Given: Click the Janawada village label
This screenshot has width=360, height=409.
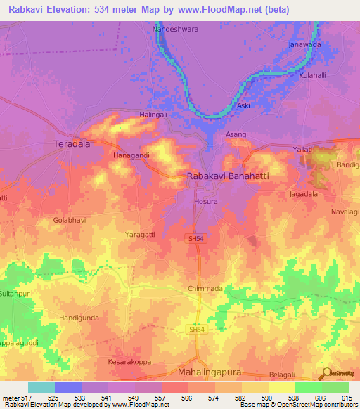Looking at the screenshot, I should coord(304,45).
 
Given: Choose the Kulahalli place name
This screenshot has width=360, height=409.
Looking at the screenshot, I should coord(314,74).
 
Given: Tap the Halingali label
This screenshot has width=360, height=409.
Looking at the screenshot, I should coord(154,115).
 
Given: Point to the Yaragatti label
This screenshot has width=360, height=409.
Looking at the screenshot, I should coord(140,233).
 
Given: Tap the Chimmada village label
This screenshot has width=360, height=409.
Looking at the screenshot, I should coord(205,289).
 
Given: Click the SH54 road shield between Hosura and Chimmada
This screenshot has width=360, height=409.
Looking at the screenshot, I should coord(196,240).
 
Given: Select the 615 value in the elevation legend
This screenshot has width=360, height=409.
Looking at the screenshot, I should coord(346,399).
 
